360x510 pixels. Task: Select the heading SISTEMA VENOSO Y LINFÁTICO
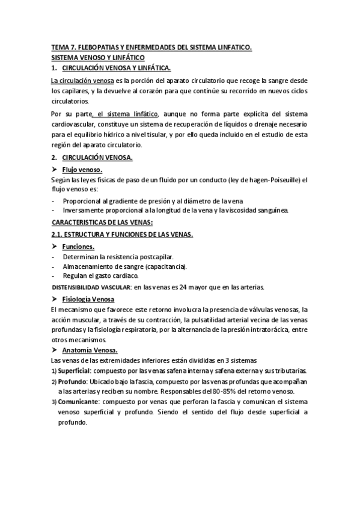click(97, 57)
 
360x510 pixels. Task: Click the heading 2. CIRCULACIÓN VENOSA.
click(97, 157)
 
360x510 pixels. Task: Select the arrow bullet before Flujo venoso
click(55, 170)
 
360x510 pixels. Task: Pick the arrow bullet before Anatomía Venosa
click(55, 349)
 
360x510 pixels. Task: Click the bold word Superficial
click(74, 370)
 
